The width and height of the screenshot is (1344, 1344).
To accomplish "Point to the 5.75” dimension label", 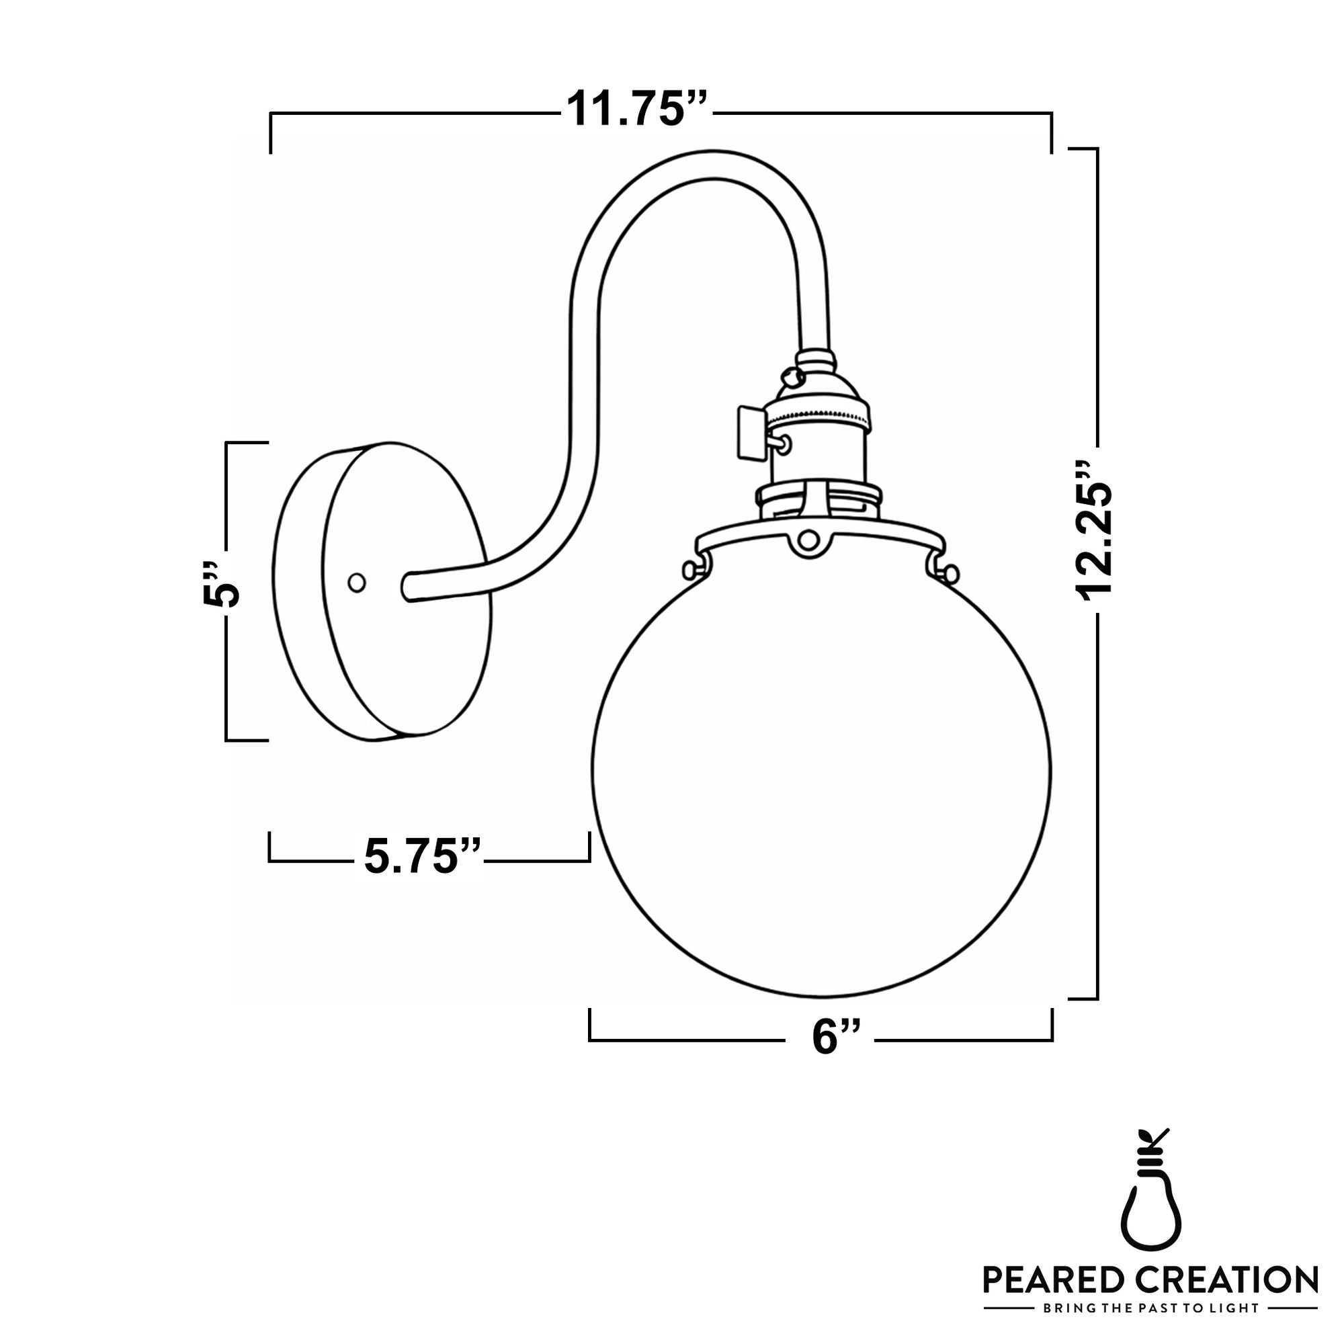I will click(x=422, y=857).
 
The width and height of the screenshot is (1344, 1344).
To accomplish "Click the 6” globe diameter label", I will click(x=835, y=1039).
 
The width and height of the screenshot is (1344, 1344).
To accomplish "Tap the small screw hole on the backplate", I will click(x=357, y=583).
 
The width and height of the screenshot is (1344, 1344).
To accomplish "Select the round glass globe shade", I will click(x=821, y=772).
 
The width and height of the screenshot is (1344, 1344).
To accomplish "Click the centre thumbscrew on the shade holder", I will click(x=808, y=540).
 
